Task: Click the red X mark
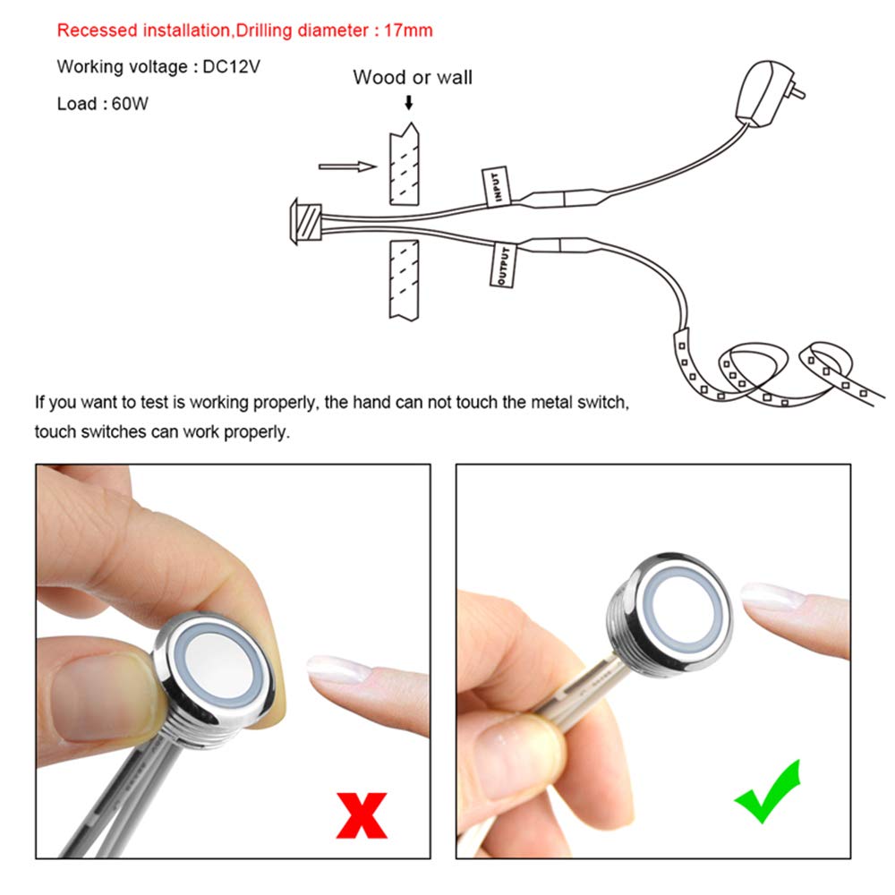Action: [x=362, y=815]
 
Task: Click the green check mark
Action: [x=768, y=792]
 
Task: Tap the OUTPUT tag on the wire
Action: [x=502, y=266]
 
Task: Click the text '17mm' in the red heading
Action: [x=408, y=30]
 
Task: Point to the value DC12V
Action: [x=231, y=67]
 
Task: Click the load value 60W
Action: [x=130, y=103]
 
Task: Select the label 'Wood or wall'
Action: [x=413, y=77]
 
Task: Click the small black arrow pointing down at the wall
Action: [x=409, y=103]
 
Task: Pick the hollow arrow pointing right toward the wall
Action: [x=347, y=166]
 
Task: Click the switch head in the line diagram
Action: [x=306, y=221]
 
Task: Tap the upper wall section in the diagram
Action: [x=405, y=165]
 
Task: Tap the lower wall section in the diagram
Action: [x=405, y=279]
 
